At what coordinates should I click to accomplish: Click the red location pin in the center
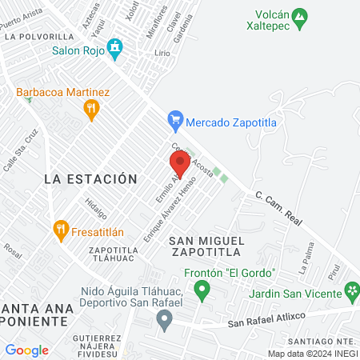pos(179,165)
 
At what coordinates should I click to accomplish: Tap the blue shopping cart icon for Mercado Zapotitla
pos(175,122)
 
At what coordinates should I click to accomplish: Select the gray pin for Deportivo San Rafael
pos(165,322)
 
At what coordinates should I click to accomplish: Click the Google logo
pos(26,350)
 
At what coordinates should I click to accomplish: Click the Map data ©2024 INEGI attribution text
pos(312,353)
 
